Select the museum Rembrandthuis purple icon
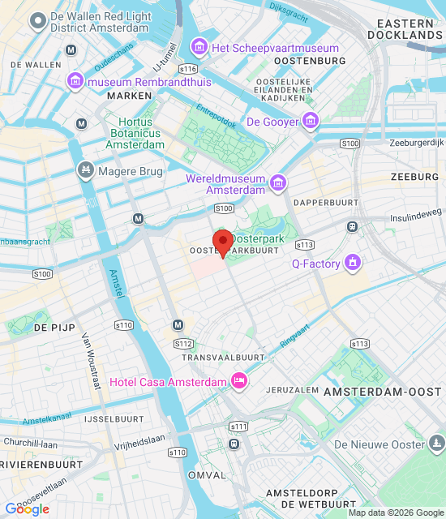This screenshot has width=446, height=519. (x=75, y=81)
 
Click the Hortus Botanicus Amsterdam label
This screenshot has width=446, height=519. (x=135, y=133)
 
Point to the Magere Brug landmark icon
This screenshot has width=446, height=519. (x=85, y=171)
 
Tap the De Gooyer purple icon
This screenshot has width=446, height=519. (x=311, y=122)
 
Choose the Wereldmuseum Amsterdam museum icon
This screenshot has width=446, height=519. (x=278, y=183)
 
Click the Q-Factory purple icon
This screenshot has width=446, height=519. (x=352, y=263)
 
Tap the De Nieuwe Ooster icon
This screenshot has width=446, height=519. (x=437, y=444)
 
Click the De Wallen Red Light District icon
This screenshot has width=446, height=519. (x=36, y=22)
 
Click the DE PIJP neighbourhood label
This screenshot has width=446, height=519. (x=54, y=328)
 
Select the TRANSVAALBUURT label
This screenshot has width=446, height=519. (x=224, y=357)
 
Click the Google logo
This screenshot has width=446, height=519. (x=27, y=509)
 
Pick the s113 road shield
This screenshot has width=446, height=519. (x=304, y=244)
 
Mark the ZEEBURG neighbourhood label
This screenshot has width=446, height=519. (x=414, y=177)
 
